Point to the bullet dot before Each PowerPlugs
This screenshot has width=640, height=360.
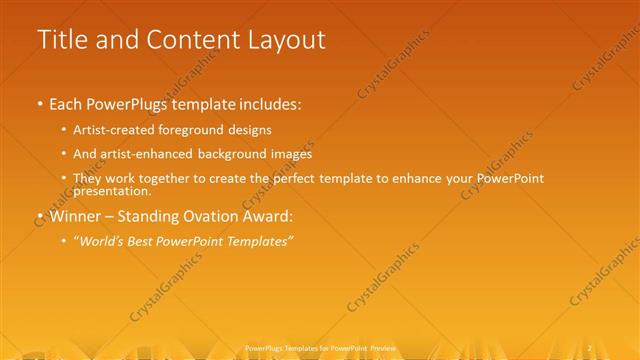pos(40,103)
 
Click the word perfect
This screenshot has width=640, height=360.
pos(297,179)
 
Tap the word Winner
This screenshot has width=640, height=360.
pos(76,215)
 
